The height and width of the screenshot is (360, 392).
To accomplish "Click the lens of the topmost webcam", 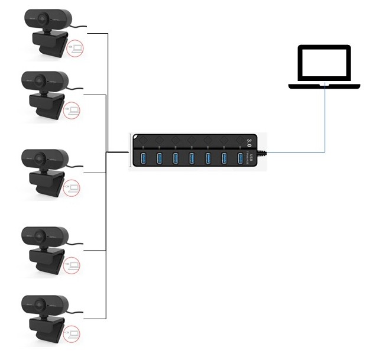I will (43, 18).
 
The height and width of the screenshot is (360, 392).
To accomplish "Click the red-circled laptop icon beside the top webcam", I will (75, 48).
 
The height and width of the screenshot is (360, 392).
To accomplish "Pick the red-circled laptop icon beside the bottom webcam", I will (74, 336).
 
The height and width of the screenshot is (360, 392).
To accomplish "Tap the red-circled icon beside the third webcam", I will (73, 189).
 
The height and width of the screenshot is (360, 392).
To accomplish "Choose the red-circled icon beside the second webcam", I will (73, 110).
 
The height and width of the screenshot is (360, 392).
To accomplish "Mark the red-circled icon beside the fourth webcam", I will (74, 265).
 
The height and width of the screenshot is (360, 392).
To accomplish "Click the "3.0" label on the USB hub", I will (249, 142).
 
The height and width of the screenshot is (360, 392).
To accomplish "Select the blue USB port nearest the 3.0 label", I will (240, 158).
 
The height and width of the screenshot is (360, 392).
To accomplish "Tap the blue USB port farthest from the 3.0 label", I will (142, 158).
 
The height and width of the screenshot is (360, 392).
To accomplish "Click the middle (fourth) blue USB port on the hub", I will (192, 158).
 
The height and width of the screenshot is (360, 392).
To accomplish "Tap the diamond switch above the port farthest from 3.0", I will (144, 142).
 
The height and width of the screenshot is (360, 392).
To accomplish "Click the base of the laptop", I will (324, 86).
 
